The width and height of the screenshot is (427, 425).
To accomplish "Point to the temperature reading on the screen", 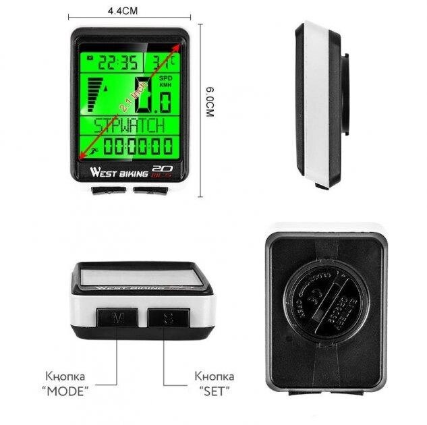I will pos(162,63).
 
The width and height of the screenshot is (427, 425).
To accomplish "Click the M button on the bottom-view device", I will pos(118,317).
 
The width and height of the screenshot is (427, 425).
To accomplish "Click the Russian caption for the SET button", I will pos(214,382).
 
